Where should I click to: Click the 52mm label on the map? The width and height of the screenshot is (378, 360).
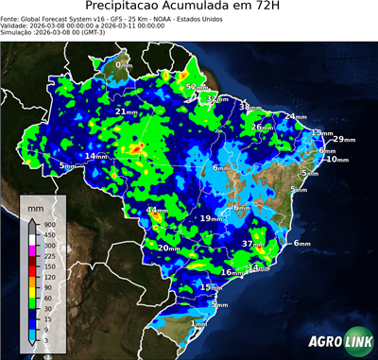[x=196, y=88]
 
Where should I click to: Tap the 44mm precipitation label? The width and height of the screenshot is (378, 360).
[x=156, y=211]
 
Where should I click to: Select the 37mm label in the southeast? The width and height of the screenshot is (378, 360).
[x=252, y=244]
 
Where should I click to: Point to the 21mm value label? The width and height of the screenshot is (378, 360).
[x=126, y=112]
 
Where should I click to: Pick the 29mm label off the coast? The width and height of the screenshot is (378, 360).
[x=344, y=139]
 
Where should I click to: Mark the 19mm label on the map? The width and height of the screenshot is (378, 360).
[x=210, y=219]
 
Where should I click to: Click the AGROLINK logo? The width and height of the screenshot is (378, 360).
[x=337, y=341]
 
